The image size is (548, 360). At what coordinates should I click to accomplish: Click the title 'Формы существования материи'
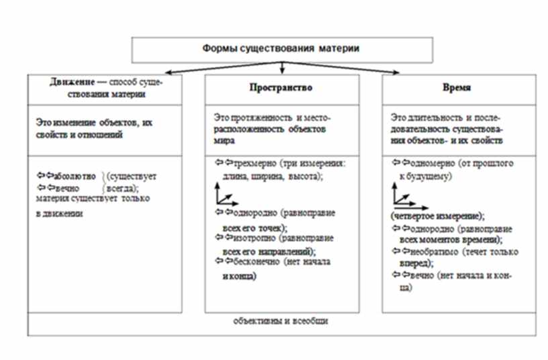point(281,49)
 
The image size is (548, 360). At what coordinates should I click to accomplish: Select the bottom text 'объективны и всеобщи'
point(281,321)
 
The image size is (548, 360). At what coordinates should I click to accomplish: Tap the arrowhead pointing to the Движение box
point(163,73)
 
